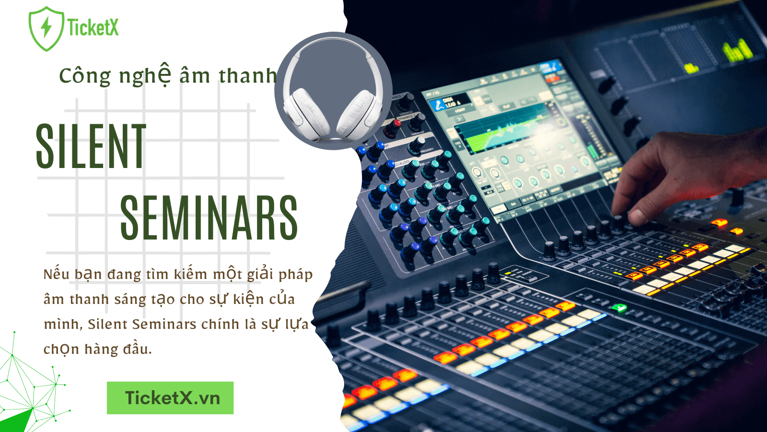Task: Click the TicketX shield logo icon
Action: coord(46,29)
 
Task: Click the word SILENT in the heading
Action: coord(91,146)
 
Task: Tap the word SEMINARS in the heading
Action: coord(209,218)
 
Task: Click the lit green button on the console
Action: coord(620,308)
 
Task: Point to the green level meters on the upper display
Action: coord(736,50)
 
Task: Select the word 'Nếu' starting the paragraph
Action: coord(56,274)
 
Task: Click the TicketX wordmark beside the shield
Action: coord(93,27)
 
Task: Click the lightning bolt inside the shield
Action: coord(46,27)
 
